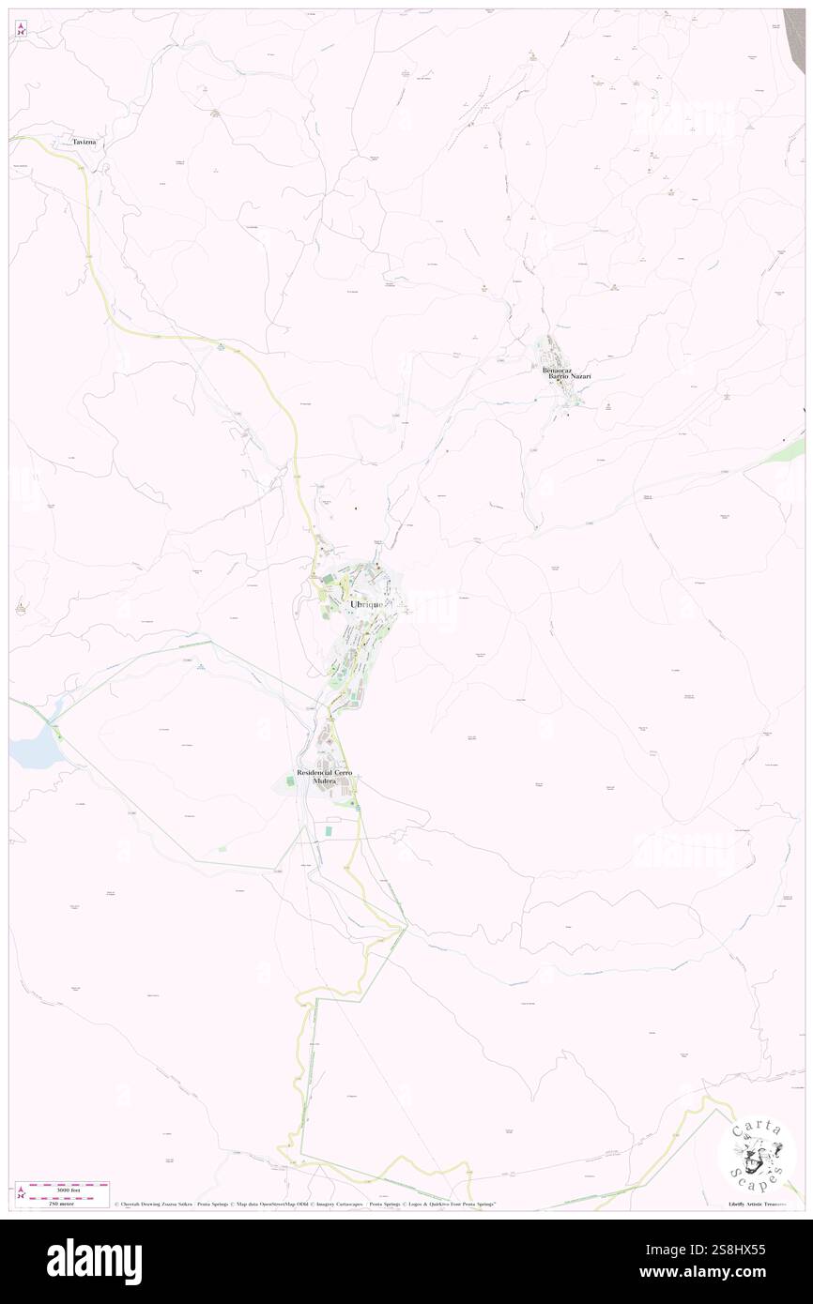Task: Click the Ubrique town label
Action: coord(366,605)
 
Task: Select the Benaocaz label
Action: coord(557,370)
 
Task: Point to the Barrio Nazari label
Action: coord(571,377)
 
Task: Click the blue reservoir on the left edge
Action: coord(28,751)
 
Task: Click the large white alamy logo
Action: coord(94,1262)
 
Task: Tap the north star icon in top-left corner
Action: coord(21,29)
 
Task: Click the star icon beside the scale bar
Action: coord(21,1193)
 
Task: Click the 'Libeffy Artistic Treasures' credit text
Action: coord(761,1205)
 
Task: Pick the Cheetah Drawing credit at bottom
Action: coord(155,1205)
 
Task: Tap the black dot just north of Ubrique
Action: coord(355,508)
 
